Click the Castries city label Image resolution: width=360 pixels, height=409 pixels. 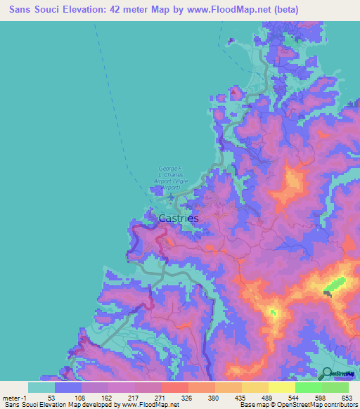click(179, 219)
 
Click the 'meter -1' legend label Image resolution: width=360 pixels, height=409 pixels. click(14, 398)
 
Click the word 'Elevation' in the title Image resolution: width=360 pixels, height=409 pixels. click(85, 10)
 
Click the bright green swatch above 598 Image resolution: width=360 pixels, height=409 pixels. click(308, 387)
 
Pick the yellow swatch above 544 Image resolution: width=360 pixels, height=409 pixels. click(281, 387)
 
